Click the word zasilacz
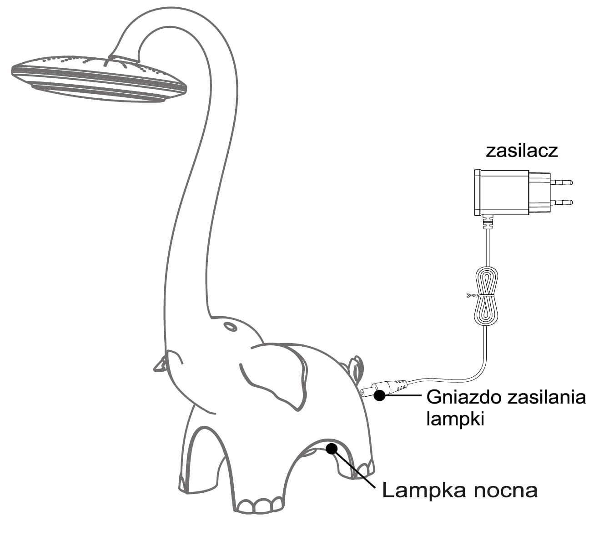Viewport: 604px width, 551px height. coord(522,151)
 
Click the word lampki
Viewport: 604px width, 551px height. coord(455,419)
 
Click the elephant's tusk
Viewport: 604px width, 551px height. coord(161,364)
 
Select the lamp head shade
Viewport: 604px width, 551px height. coord(98,77)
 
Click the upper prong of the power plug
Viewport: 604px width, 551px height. coord(561,182)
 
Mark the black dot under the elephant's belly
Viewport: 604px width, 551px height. coord(332,449)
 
